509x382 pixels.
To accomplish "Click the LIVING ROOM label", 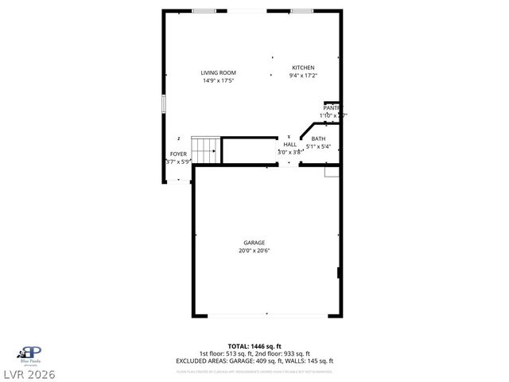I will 219,73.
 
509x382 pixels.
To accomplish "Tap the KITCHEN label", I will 303,68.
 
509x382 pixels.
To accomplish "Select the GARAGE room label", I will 254,243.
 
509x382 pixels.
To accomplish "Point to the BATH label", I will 318,138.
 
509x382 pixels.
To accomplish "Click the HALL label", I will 289,144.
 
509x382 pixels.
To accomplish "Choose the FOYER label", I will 178,154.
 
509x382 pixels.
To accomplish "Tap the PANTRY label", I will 332,107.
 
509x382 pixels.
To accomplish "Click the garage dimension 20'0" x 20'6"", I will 254,251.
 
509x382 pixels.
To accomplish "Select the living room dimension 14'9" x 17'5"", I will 219,81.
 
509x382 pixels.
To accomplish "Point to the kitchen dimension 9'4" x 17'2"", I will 303,76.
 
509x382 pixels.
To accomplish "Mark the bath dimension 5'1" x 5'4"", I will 318,146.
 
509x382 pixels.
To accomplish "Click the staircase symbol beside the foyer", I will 208,150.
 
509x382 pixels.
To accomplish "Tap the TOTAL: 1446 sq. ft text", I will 254,346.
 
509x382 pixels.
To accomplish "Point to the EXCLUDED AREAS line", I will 254,361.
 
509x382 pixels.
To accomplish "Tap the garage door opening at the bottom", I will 266,315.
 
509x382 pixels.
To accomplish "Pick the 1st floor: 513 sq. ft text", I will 225,353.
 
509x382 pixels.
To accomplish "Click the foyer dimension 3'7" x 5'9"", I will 178,162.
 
